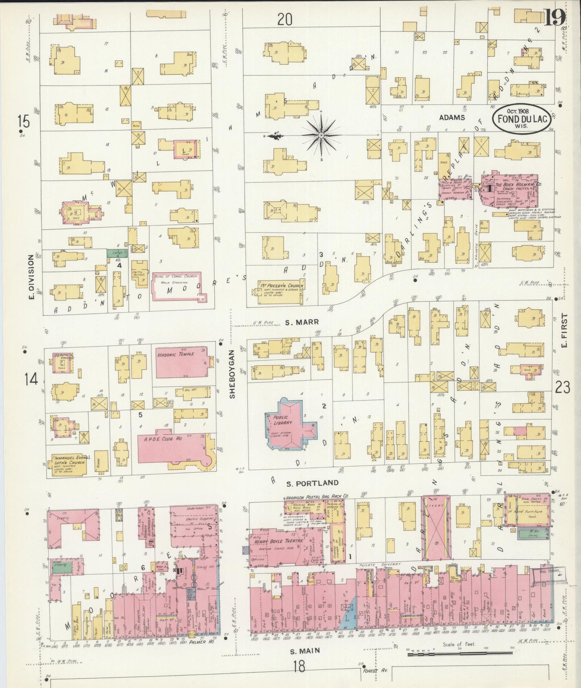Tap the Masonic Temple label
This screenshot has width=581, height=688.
click(181, 354)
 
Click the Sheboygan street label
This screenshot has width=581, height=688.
click(232, 374)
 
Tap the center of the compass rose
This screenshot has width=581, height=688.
click(322, 136)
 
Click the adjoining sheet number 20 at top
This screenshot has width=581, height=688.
click(285, 19)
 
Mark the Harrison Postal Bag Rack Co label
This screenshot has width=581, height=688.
click(317, 497)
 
